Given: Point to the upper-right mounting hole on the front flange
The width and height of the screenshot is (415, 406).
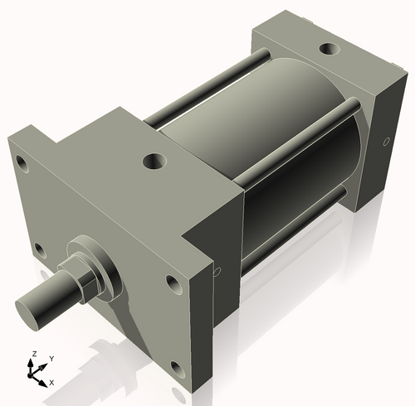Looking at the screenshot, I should coord(173,283).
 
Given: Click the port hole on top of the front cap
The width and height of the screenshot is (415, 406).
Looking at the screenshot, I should coord(154,159).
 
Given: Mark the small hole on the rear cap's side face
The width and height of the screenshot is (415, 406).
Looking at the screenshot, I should coord(386,143).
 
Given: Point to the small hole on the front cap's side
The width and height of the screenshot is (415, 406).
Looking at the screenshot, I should coord(217,271).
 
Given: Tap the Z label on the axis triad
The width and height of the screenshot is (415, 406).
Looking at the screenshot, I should coord(33,355).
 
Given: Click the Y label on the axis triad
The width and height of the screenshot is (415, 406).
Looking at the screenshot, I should coord(51,359).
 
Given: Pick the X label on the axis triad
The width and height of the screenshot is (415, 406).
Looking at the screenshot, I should coord(51,383).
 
